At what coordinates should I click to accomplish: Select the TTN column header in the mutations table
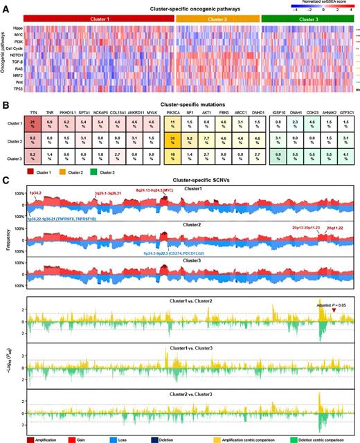[33, 111]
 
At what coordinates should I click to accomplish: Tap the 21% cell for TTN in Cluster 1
[33, 125]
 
